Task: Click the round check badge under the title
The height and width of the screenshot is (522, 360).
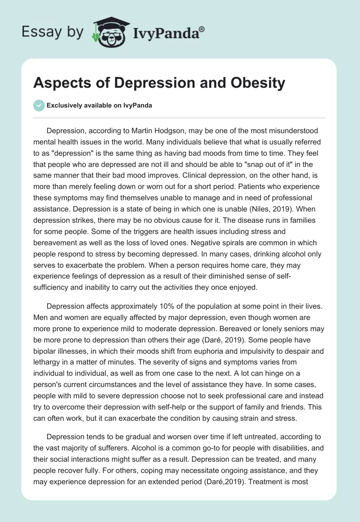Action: (39, 105)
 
